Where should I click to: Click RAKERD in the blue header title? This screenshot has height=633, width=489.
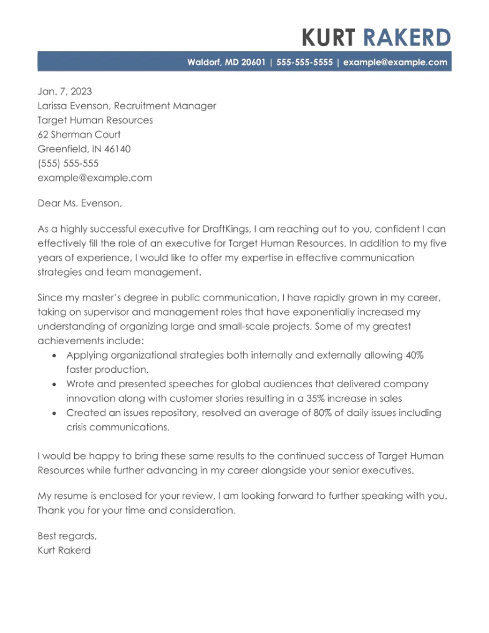tap(406, 38)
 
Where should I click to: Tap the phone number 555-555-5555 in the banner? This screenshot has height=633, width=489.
tap(304, 62)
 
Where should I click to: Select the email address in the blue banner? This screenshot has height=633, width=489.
tap(395, 62)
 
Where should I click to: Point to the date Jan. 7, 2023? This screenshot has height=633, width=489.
tap(64, 92)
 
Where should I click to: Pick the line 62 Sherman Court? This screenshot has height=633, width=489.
tap(79, 135)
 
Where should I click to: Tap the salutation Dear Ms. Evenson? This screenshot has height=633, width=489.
tap(80, 203)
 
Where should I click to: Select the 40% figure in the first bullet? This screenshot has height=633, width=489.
tap(414, 355)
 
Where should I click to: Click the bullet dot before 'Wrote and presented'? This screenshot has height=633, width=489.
tap(54, 385)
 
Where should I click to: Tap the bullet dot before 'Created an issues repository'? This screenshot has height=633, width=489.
tap(54, 413)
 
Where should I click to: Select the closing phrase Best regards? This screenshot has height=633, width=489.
tap(67, 536)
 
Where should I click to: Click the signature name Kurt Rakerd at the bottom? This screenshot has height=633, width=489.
tap(64, 550)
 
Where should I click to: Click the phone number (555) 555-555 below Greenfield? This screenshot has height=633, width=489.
tap(68, 163)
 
